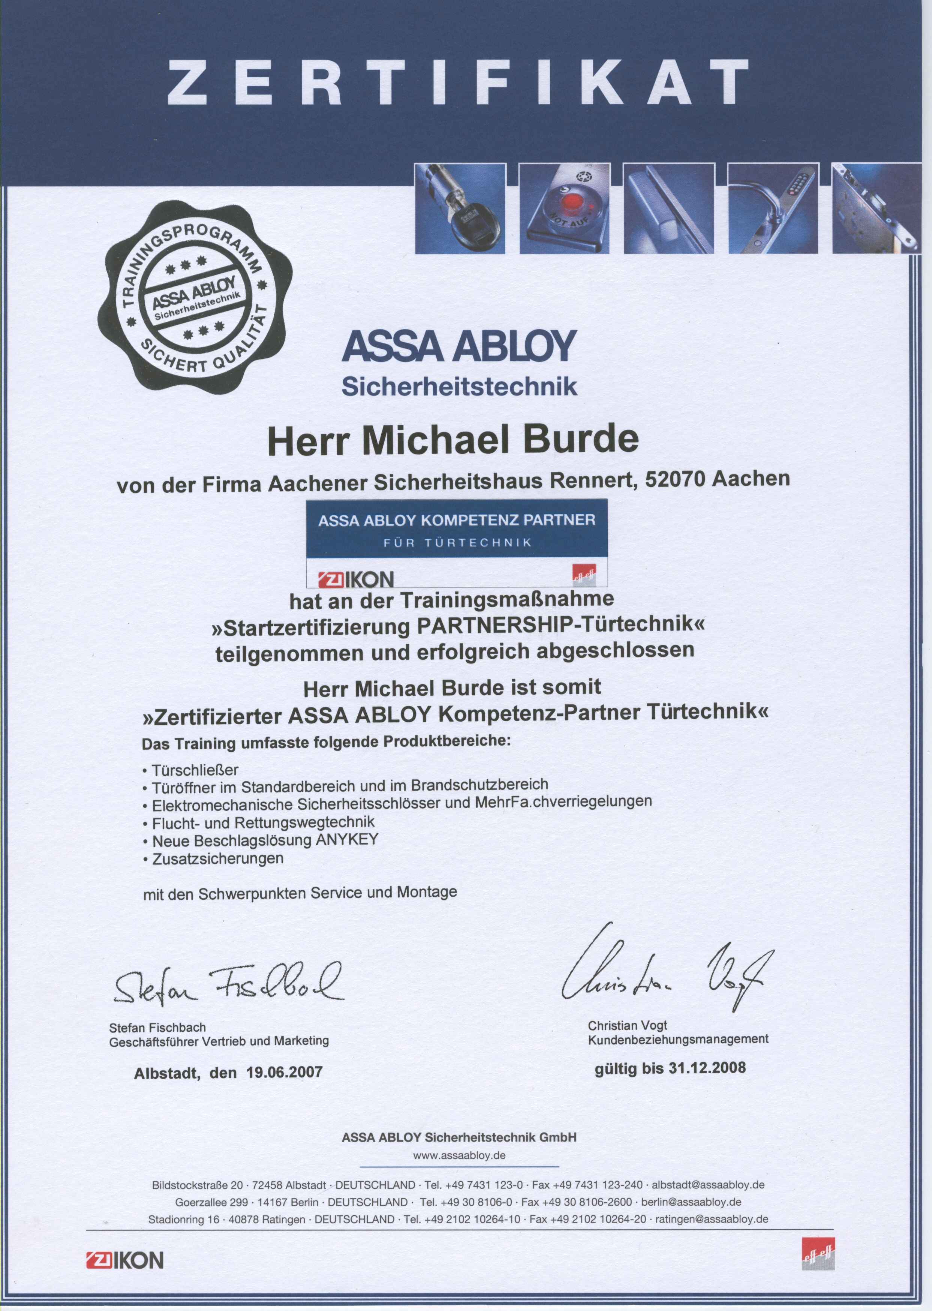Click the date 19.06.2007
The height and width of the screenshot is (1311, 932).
point(284,1072)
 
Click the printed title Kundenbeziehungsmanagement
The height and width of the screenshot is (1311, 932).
point(678,1039)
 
